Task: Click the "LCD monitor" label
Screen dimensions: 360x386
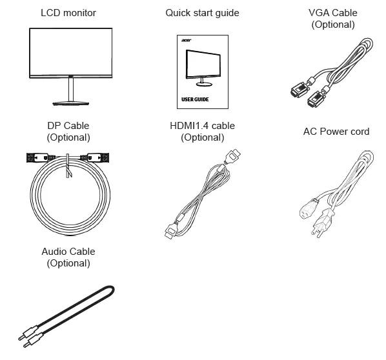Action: (68, 13)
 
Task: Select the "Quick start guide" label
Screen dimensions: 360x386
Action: (202, 13)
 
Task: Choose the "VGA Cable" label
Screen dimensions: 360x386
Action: (333, 13)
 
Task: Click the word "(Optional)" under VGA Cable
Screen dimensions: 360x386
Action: (333, 25)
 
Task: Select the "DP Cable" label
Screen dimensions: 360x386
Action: (68, 126)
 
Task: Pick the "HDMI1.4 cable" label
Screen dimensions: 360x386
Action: (202, 126)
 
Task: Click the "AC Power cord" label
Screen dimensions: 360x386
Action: (336, 132)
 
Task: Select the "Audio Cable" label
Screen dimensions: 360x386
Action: (68, 252)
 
